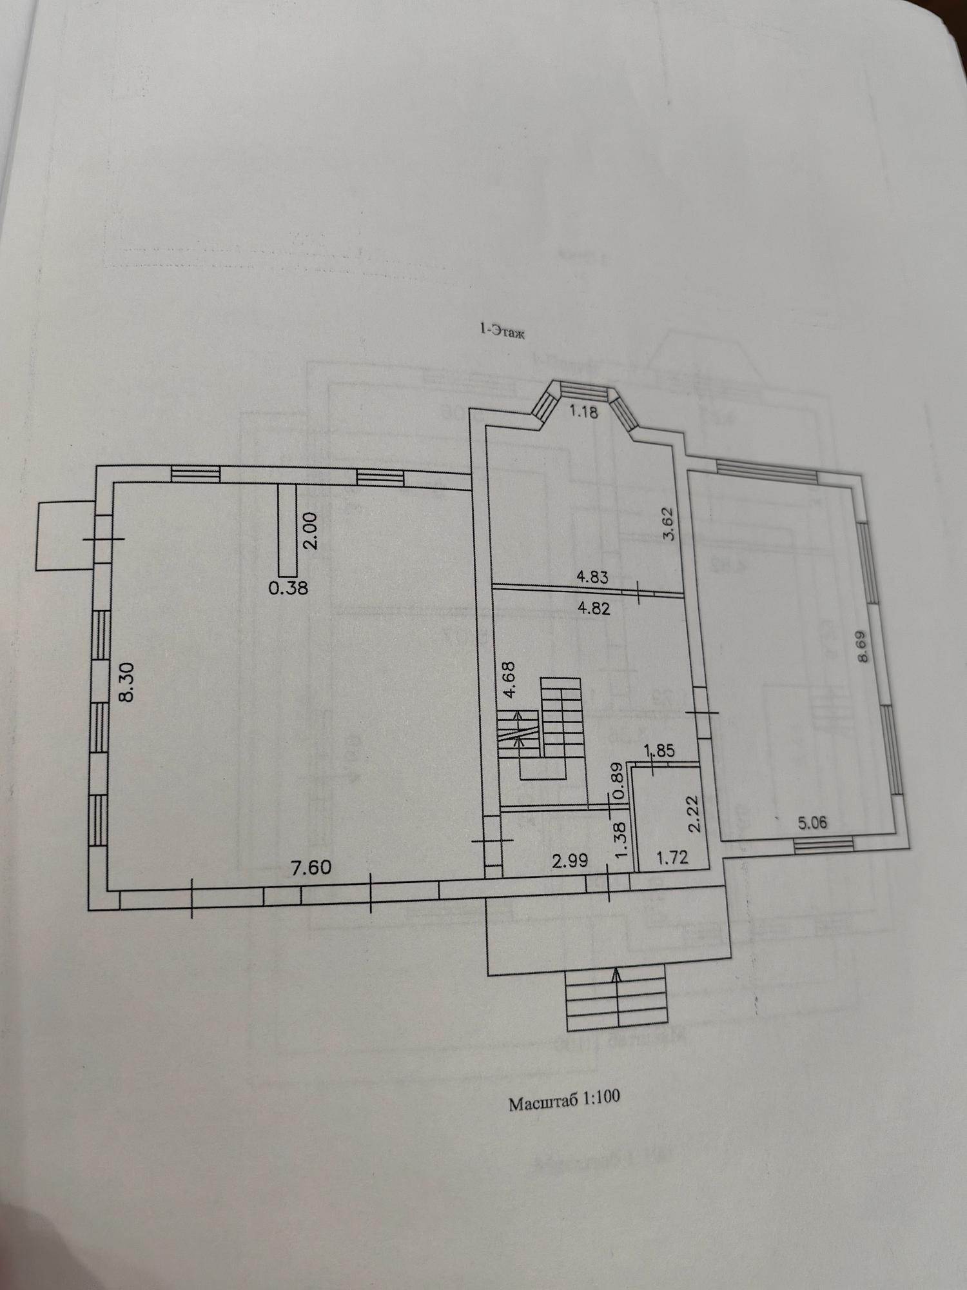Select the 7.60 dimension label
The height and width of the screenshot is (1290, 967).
311,867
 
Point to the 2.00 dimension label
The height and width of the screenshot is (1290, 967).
310,530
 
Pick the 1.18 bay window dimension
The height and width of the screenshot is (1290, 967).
584,412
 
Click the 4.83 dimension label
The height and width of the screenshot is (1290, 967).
592,576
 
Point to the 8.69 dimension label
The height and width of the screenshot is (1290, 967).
863,647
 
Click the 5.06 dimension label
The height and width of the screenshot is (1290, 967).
812,822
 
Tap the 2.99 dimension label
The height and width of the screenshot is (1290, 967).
571,860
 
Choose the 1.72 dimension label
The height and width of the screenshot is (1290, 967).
672,857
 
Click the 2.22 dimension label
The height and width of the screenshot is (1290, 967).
694,815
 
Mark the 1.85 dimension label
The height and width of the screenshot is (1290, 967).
659,751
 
